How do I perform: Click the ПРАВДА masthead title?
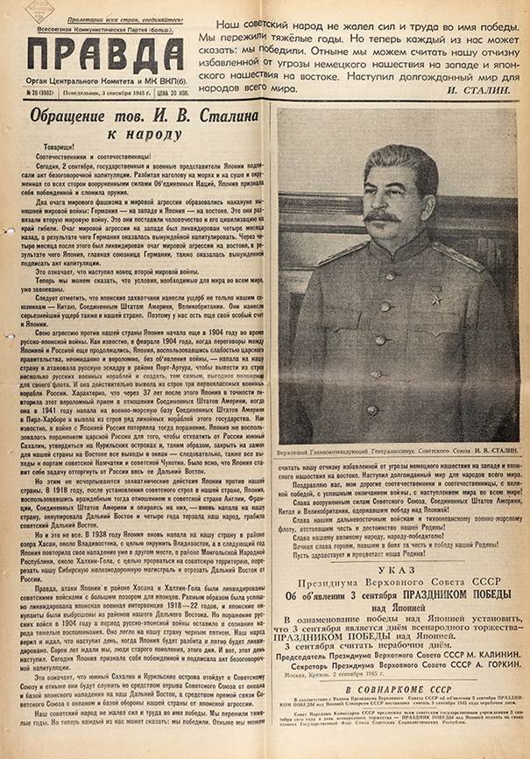click(104, 58)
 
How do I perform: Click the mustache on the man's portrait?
click(382, 216)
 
